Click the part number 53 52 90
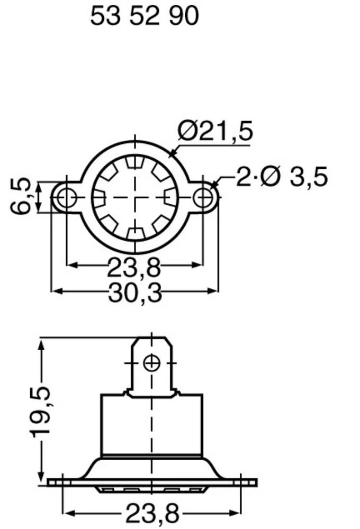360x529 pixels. click(144, 17)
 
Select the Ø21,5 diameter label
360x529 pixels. click(215, 131)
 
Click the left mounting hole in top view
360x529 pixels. click(67, 198)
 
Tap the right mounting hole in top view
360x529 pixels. click(203, 198)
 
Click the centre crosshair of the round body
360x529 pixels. click(136, 198)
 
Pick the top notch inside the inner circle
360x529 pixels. click(136, 161)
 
